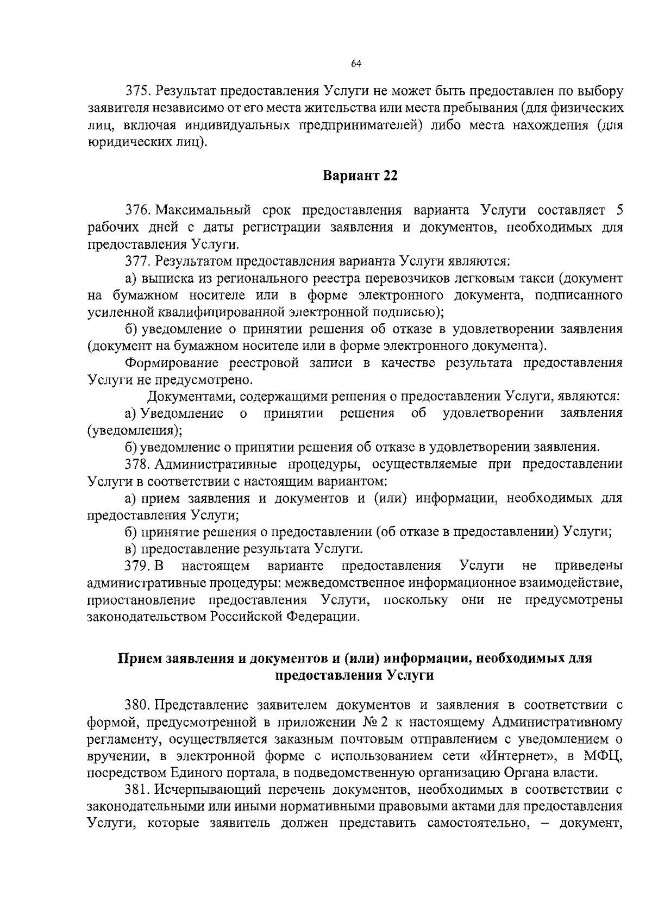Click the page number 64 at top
pyautogui.click(x=356, y=64)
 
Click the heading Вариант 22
pyautogui.click(x=361, y=176)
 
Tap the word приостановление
pyautogui.click(x=141, y=600)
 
